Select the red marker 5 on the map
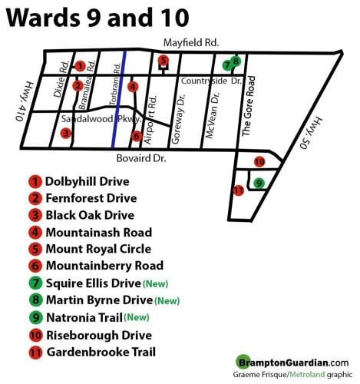pos(163,61)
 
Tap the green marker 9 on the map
pos(259,183)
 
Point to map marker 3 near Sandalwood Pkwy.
pos(67,133)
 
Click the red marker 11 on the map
pos(239,190)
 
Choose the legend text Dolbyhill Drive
pos(87,182)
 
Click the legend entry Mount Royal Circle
pos(98,249)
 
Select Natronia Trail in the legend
pos(84,317)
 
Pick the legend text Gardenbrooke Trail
pos(101,352)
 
